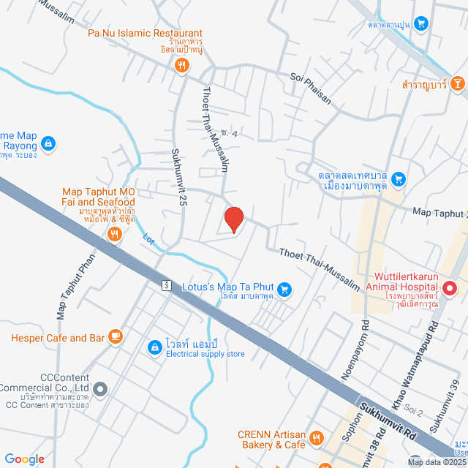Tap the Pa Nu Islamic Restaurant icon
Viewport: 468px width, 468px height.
tap(182, 66)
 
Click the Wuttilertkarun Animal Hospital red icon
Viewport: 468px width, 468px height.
tap(450, 289)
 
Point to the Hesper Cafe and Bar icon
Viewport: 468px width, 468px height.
tap(114, 336)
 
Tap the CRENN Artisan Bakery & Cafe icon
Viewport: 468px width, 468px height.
tap(317, 438)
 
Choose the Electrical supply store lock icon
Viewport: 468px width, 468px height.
tap(155, 347)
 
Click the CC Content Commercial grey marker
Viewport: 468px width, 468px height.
tap(101, 389)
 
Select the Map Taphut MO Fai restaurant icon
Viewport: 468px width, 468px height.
tap(114, 234)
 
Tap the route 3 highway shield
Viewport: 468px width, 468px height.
tap(167, 284)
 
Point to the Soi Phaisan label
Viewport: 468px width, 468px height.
tap(310, 88)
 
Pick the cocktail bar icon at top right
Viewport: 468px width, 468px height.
tap(457, 84)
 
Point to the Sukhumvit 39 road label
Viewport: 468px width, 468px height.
tap(446, 405)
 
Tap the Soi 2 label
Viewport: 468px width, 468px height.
tap(414, 411)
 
